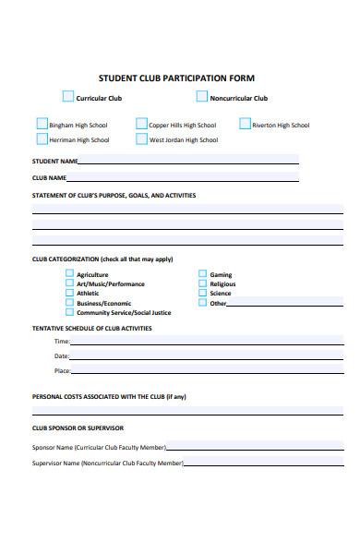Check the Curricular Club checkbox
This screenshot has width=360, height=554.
68,96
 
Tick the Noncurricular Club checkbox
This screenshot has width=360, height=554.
201,96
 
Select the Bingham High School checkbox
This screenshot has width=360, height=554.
42,124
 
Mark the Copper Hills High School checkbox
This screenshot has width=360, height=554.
141,124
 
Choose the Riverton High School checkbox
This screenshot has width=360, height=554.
245,124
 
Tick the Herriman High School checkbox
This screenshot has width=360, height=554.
42,139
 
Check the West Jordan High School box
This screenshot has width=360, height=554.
141,139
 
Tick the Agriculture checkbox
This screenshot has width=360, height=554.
69,274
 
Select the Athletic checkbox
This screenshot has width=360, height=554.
69,293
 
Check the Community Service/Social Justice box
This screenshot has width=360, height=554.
69,312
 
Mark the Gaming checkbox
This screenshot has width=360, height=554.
202,274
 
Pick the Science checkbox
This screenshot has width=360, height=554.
202,293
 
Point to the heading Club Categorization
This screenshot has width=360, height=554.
64,259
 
